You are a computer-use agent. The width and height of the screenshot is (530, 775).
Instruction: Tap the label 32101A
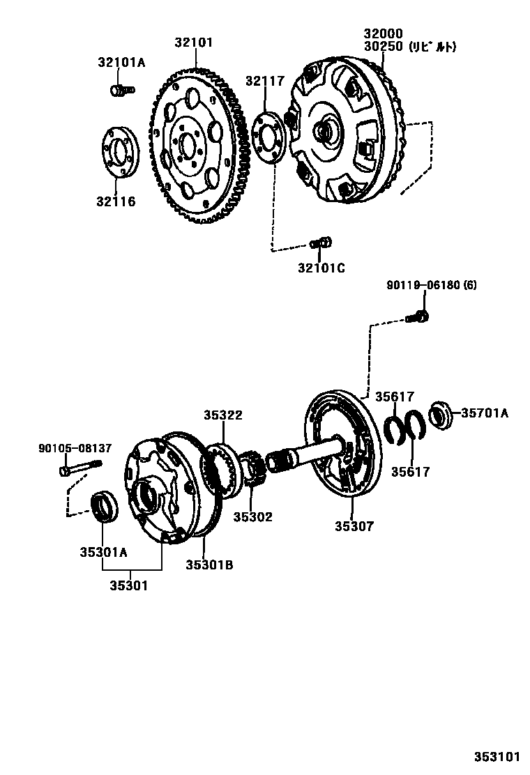pyautogui.click(x=121, y=63)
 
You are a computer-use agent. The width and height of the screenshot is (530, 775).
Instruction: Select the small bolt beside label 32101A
pyautogui.click(x=121, y=89)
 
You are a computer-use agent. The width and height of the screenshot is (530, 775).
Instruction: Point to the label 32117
pyautogui.click(x=265, y=81)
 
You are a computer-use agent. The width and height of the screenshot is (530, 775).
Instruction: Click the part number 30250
pyautogui.click(x=383, y=47)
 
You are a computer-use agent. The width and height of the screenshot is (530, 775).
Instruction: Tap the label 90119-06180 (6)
pyautogui.click(x=432, y=286)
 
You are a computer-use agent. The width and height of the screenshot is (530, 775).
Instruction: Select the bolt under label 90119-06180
pyautogui.click(x=418, y=316)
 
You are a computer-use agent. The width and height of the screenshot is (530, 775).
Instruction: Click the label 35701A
pyautogui.click(x=484, y=413)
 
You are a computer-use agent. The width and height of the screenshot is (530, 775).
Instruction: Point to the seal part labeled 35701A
pyautogui.click(x=440, y=413)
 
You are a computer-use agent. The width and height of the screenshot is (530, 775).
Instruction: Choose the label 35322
pyautogui.click(x=223, y=415)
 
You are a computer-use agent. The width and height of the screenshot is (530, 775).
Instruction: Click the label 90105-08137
pyautogui.click(x=75, y=448)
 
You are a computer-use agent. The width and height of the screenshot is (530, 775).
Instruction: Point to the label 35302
pyautogui.click(x=252, y=516)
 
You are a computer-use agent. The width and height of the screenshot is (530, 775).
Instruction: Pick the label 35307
pyautogui.click(x=354, y=526)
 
